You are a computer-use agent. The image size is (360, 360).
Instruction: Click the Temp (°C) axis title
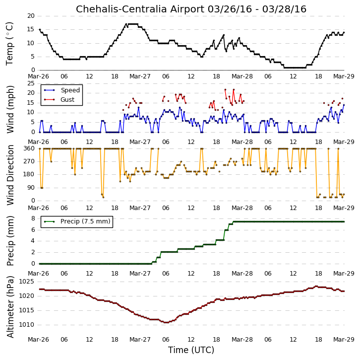[x=9, y=44]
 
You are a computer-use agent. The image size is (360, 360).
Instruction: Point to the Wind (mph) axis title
[x=10, y=109]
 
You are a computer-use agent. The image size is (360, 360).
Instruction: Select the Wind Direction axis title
[x=10, y=175]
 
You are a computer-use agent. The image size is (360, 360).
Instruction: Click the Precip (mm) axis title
[x=10, y=241]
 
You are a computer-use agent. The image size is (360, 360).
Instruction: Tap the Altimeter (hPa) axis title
[x=10, y=307]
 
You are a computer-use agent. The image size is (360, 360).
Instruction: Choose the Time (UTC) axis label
[x=191, y=350]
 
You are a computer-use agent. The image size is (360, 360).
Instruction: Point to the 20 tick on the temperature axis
[x=31, y=16]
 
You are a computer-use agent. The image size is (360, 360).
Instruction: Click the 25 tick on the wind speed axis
[x=31, y=83]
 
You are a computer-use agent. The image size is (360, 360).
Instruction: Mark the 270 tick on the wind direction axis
[x=29, y=161]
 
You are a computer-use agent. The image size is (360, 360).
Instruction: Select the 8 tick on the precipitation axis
[x=33, y=218]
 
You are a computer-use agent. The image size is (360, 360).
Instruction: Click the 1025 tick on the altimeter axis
[x=27, y=282]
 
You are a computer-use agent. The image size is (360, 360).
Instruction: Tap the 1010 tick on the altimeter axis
[x=27, y=325]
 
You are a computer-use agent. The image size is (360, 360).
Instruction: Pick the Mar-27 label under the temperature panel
[x=140, y=76]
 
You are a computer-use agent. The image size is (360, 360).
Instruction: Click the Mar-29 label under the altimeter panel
[x=344, y=340]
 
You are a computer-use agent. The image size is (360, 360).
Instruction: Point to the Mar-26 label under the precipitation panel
[x=38, y=274]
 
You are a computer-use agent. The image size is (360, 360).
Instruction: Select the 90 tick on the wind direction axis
[x=31, y=188]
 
